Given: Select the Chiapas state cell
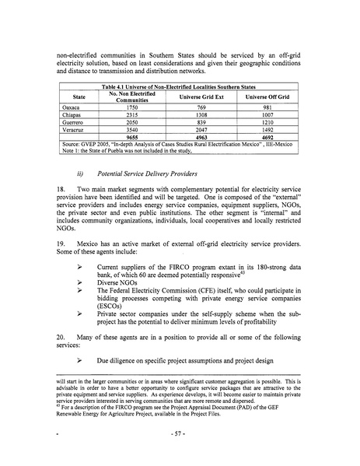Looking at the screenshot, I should pos(72,115).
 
